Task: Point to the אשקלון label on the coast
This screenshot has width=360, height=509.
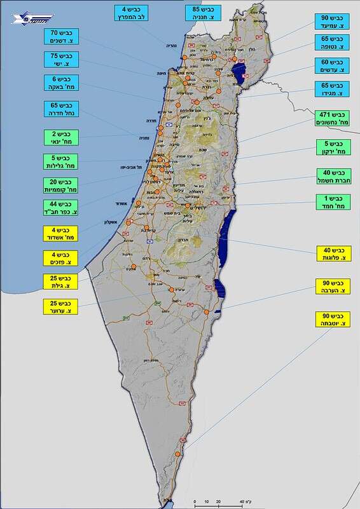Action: point(112,222)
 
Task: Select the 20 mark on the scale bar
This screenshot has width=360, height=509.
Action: point(218,501)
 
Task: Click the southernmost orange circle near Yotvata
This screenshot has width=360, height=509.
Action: point(176,454)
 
